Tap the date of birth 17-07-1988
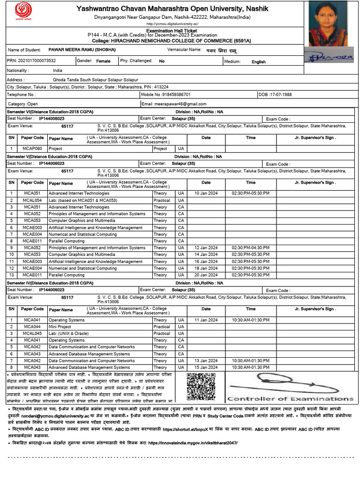click(279, 95)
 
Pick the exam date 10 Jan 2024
click(206, 194)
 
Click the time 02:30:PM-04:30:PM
click(250, 248)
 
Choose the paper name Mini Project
click(60, 327)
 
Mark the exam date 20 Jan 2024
click(206, 275)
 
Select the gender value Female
click(104, 61)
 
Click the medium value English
click(258, 62)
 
